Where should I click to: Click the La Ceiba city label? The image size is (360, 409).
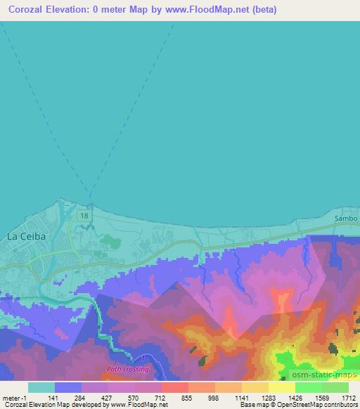point(26,237)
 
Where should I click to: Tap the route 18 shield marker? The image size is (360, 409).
point(84,214)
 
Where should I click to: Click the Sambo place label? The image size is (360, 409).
point(346,219)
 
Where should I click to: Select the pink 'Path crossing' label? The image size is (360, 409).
point(127,368)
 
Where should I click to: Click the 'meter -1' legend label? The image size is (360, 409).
point(15,397)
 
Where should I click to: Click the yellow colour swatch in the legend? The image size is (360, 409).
point(282,387)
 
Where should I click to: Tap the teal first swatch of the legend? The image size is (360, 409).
point(41,387)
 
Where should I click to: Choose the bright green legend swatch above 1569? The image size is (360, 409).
point(309,387)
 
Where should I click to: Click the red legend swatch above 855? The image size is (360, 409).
point(175,387)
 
